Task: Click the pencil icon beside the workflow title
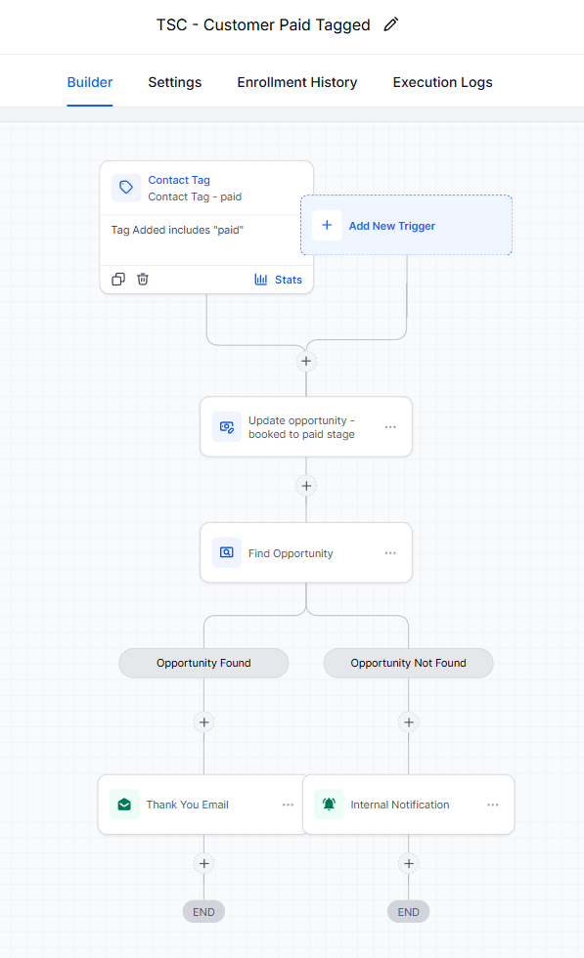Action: click(390, 24)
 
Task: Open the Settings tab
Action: click(175, 82)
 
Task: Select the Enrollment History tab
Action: click(297, 82)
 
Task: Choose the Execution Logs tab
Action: click(443, 82)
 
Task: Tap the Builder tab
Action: click(90, 82)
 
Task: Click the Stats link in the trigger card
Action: click(278, 280)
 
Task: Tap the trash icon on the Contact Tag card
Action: click(143, 280)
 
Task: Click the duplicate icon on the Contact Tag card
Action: click(118, 280)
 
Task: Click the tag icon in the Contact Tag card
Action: click(126, 187)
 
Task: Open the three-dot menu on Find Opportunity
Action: click(390, 553)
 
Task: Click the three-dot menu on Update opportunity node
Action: click(390, 427)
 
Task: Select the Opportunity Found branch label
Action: click(203, 663)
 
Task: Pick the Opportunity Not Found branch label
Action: click(409, 663)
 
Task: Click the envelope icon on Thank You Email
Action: click(124, 805)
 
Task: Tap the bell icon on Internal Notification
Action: click(329, 805)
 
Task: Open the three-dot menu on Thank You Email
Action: click(288, 805)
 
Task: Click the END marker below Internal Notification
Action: click(409, 912)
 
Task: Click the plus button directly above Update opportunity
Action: click(306, 361)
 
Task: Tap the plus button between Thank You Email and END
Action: click(203, 863)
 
